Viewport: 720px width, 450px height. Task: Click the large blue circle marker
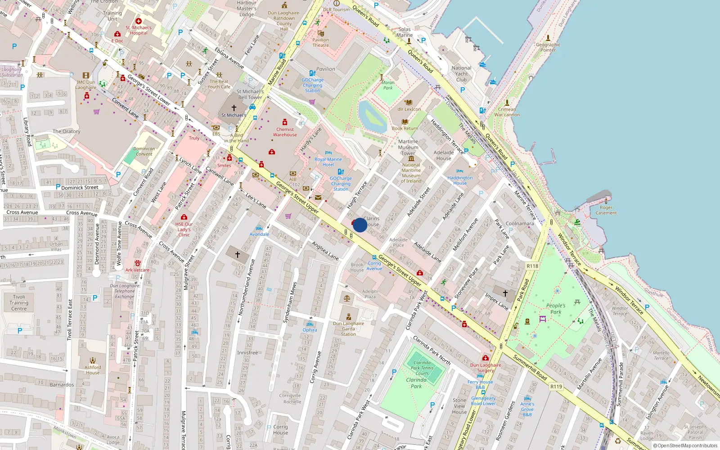click(x=360, y=225)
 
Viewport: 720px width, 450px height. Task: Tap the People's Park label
click(x=556, y=309)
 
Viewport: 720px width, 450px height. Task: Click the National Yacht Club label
click(x=461, y=74)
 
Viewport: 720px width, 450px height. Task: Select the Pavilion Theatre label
click(x=320, y=42)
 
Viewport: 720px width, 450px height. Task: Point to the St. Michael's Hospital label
click(x=139, y=30)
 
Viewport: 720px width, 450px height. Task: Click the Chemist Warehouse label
click(x=285, y=132)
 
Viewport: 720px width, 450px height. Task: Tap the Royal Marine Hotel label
click(x=328, y=162)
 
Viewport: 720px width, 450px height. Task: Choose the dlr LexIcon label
click(x=409, y=109)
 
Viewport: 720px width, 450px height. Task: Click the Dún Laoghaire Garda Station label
click(x=348, y=328)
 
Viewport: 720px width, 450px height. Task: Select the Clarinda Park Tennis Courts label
click(x=422, y=368)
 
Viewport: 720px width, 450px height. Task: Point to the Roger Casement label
click(x=606, y=210)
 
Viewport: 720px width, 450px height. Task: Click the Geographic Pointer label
click(x=548, y=47)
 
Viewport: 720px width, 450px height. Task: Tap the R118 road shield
click(x=532, y=266)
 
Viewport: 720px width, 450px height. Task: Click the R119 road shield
click(x=556, y=387)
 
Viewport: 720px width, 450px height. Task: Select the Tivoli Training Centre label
click(x=19, y=303)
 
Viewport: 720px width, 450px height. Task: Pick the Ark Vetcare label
click(x=137, y=270)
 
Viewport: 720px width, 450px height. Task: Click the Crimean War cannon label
click(x=507, y=112)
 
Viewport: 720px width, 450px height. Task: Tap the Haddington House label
click(x=460, y=180)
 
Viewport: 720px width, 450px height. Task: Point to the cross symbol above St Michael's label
click(x=234, y=108)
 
